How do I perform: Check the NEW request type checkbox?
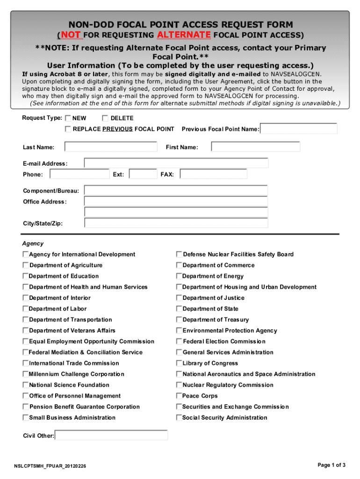[68, 118]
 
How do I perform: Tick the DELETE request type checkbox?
[105, 118]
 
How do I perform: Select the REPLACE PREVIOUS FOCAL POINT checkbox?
[68, 129]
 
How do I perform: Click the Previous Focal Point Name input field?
[299, 129]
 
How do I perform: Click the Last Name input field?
[111, 147]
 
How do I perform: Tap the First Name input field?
[255, 147]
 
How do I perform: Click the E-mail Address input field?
[176, 163]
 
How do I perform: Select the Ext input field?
[143, 174]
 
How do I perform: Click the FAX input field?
[214, 174]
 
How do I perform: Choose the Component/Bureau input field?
[176, 190]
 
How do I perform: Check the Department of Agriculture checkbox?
[26, 265]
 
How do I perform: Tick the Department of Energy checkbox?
[179, 276]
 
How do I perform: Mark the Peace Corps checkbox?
[179, 396]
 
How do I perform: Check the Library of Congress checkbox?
[179, 363]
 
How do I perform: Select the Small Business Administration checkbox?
[26, 417]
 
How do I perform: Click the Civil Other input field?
[111, 435]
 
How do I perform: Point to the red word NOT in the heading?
[70, 35]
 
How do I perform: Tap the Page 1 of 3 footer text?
[331, 465]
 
